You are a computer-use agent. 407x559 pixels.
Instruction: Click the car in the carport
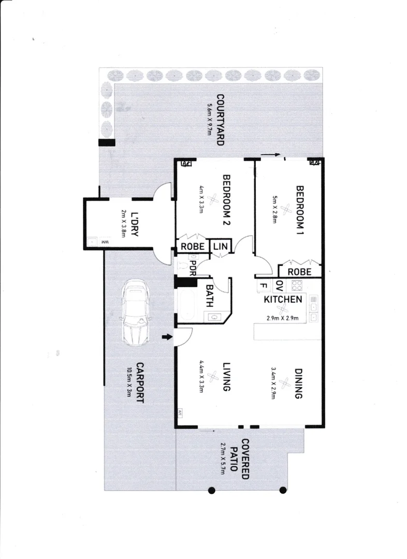(x=135, y=314)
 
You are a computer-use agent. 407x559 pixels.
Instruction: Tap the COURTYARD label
(x=220, y=120)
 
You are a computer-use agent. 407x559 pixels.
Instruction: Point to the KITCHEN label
(x=283, y=300)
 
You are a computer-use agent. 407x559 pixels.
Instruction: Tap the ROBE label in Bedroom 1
(x=299, y=272)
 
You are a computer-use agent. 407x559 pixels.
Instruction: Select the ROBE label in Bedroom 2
(x=192, y=246)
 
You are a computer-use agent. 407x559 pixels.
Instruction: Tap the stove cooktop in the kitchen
(x=297, y=286)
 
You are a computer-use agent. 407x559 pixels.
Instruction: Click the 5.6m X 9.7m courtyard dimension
(x=209, y=120)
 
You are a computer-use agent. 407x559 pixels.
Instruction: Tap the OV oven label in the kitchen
(x=279, y=285)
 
